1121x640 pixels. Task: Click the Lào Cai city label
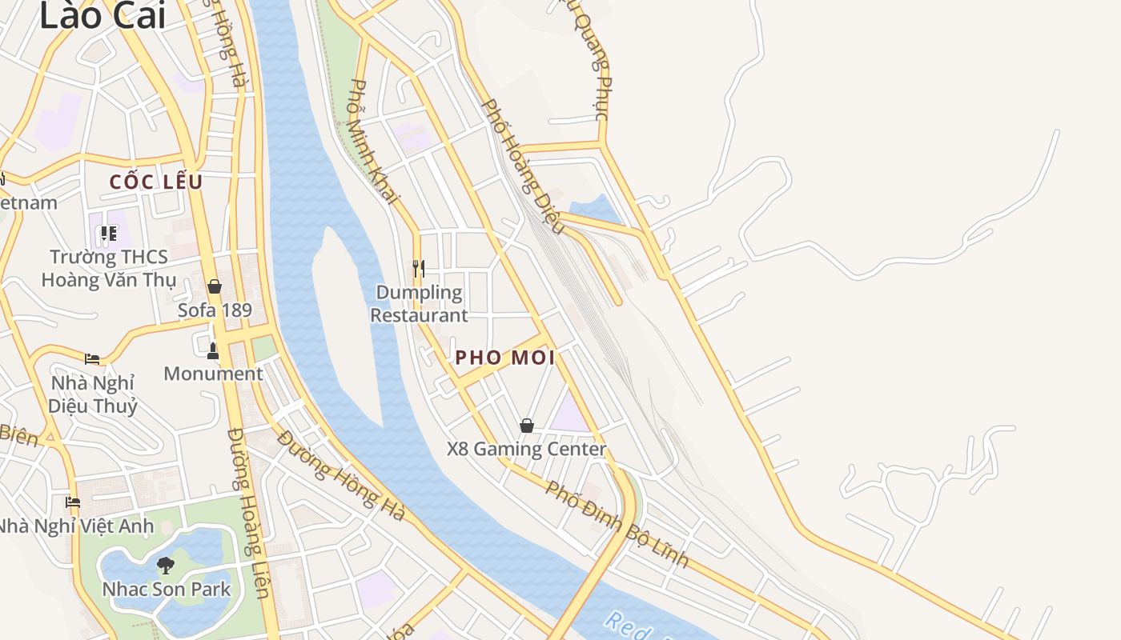point(102,16)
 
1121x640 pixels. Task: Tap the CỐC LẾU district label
point(156,182)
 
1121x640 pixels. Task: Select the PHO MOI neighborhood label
point(504,358)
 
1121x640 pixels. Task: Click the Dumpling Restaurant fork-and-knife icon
point(418,268)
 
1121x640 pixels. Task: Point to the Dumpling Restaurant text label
point(419,304)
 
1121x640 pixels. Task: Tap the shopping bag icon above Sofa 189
point(215,286)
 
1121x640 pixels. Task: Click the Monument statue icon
point(213,350)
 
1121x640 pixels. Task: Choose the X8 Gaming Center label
point(526,449)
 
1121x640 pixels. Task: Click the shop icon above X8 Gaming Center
point(527,426)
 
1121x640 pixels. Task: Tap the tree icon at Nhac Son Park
point(166,566)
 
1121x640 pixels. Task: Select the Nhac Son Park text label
point(166,590)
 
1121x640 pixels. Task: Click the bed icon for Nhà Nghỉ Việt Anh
point(73,502)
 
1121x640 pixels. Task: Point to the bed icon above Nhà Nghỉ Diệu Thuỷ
point(92,358)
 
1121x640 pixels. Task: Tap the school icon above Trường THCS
point(108,234)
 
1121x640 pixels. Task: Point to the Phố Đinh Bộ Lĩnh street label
point(617,524)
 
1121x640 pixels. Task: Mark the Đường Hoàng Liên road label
point(247,513)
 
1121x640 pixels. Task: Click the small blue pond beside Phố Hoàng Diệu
point(597,210)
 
